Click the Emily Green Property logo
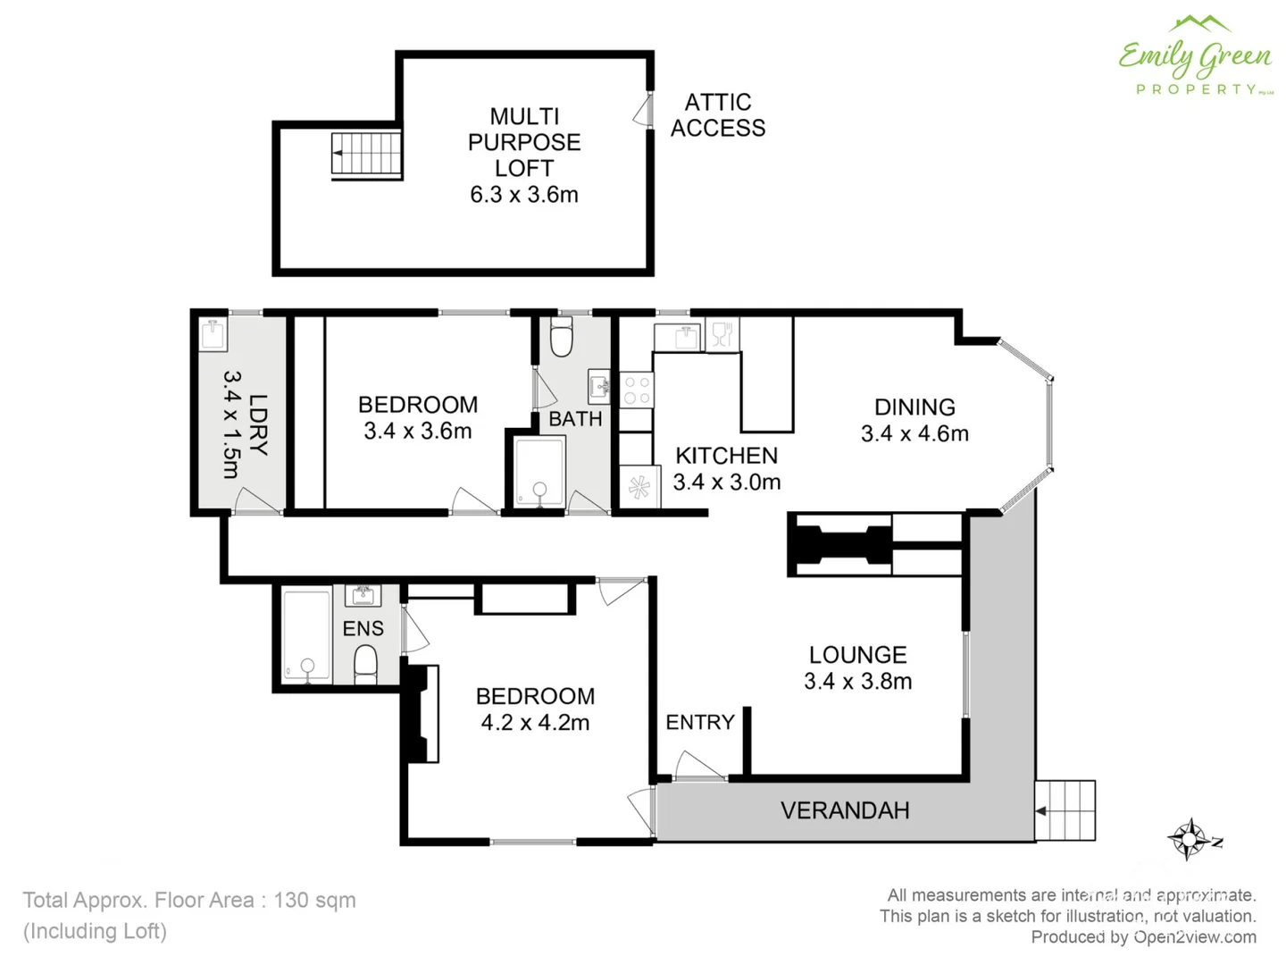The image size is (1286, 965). pos(1195,56)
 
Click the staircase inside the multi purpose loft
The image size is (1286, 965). pos(366,154)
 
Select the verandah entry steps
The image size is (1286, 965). pos(1065,810)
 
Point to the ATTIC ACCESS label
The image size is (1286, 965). pos(718,115)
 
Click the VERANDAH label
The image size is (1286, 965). pos(845,810)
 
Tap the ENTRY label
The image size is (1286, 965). pos(700,722)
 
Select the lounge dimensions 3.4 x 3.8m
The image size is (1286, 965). pos(857,682)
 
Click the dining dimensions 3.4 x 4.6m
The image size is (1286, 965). pos(914,433)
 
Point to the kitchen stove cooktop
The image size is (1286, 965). pos(637,390)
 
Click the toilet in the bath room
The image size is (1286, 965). pos(561,338)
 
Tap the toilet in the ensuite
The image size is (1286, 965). pos(365,664)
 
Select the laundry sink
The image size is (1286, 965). pos(213,335)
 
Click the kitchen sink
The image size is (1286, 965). pos(684,337)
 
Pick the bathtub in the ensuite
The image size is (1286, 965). pos(306,636)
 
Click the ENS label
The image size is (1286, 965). pos(363,629)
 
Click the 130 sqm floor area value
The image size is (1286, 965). pos(314,900)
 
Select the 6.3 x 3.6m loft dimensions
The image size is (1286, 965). pos(524,195)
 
